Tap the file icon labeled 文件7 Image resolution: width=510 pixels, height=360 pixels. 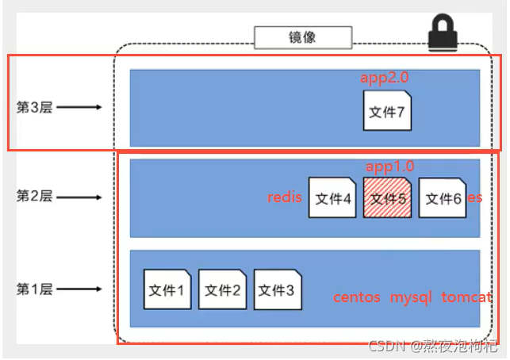pyautogui.click(x=387, y=111)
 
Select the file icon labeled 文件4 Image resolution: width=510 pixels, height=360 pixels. pyautogui.click(x=332, y=197)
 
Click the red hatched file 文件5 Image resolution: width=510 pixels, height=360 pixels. pyautogui.click(x=387, y=197)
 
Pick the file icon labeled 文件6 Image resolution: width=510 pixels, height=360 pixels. pyautogui.click(x=443, y=197)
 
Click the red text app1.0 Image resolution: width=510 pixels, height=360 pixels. pyautogui.click(x=390, y=166)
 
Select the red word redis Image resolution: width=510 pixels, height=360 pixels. pyautogui.click(x=285, y=197)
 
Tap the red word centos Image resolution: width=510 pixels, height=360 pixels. pyautogui.click(x=357, y=297)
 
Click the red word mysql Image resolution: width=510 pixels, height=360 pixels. pyautogui.click(x=410, y=297)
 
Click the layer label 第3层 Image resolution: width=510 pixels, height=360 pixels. pyautogui.click(x=34, y=107)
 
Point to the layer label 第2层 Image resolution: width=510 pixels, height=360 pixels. pyautogui.click(x=34, y=197)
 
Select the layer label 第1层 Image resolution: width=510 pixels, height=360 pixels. pyautogui.click(x=34, y=289)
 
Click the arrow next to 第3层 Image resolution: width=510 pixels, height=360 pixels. pyautogui.click(x=79, y=107)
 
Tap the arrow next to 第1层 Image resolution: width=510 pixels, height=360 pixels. pyautogui.click(x=79, y=289)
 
